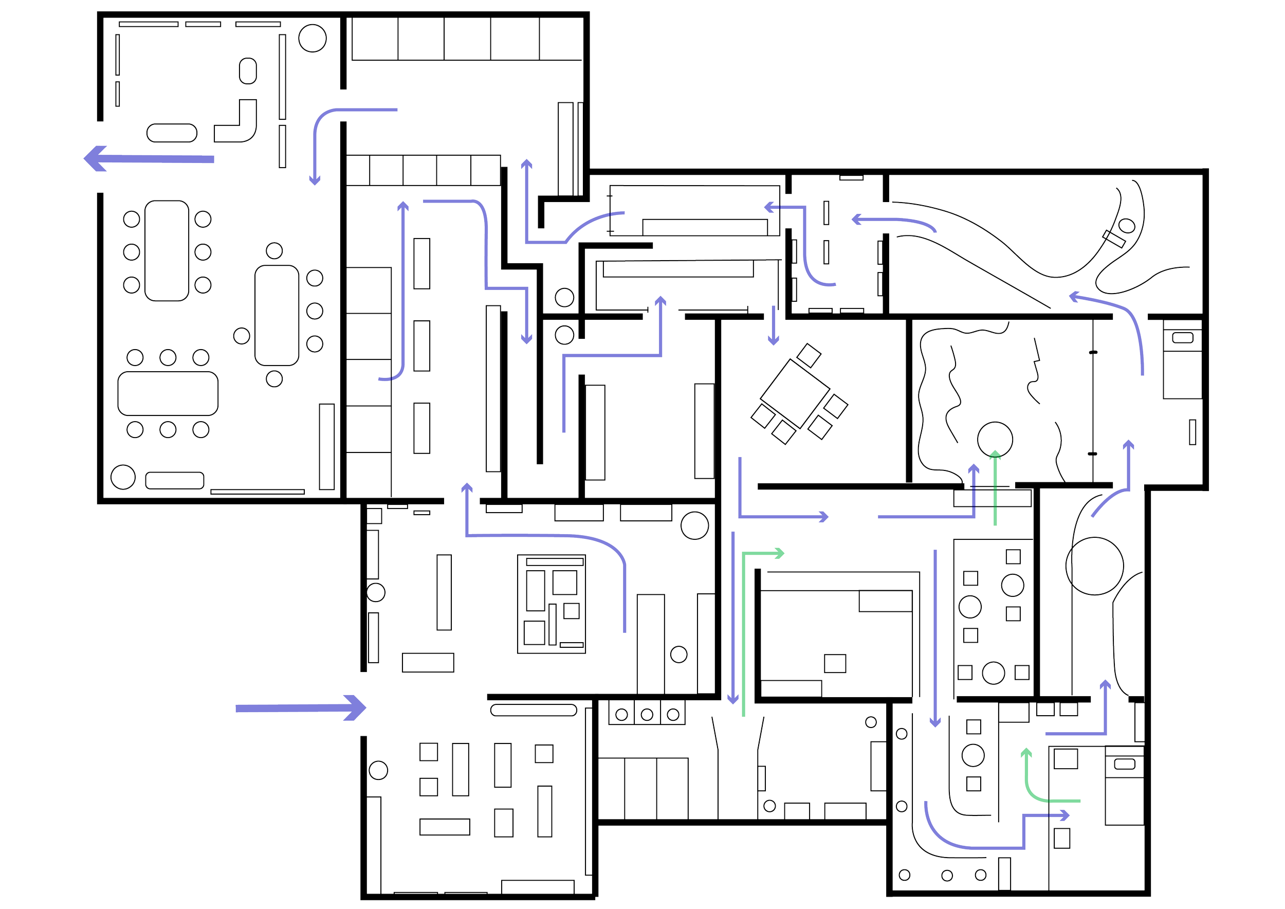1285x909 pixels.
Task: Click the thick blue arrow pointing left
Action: click(x=149, y=158)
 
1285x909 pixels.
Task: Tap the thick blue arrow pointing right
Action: click(x=301, y=708)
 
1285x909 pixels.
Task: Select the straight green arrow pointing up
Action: click(x=995, y=487)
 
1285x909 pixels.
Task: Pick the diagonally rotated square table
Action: click(x=795, y=393)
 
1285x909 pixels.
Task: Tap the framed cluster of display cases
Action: click(x=552, y=604)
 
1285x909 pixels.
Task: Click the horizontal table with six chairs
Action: click(x=168, y=393)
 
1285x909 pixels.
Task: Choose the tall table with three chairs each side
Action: click(x=167, y=251)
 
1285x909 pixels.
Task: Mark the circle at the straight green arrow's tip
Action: click(x=995, y=440)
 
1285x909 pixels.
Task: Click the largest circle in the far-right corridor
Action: click(x=1094, y=566)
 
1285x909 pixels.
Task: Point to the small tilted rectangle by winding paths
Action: click(x=1114, y=239)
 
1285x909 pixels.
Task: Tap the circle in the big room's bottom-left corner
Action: click(x=123, y=477)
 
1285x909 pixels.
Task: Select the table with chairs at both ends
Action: click(x=277, y=315)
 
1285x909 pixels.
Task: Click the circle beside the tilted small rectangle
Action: click(x=1127, y=226)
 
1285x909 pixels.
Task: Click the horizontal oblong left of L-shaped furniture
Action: click(x=172, y=133)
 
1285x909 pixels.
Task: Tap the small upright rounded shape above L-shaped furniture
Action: click(x=248, y=71)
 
